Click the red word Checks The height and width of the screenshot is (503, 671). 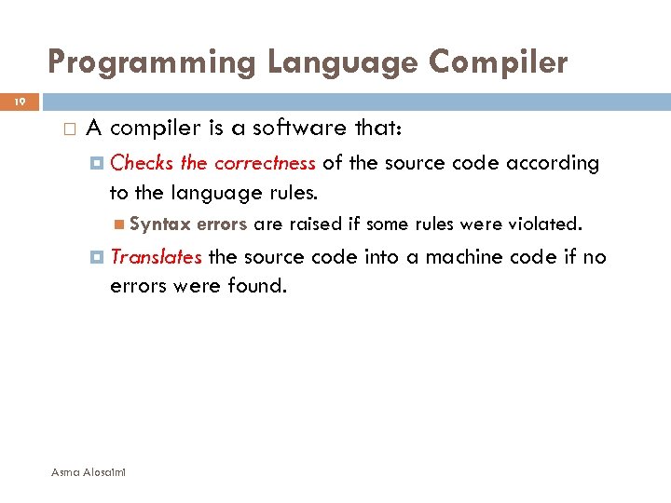point(142,163)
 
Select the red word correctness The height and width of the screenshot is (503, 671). point(265,163)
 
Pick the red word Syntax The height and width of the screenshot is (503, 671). point(160,224)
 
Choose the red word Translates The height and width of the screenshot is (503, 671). point(156,256)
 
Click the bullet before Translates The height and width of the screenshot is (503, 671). point(98,257)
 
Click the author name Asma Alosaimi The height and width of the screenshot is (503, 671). point(89,472)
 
